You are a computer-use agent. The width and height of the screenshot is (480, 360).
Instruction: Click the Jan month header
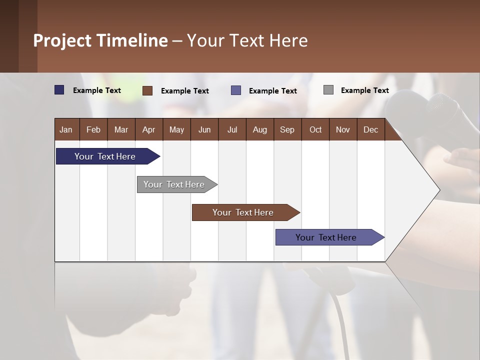coord(66,129)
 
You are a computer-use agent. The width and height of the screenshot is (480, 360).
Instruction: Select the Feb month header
coord(93,129)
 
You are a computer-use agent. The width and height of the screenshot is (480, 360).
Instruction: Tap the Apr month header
coord(149,129)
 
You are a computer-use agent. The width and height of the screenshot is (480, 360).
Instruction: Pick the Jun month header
coord(204,129)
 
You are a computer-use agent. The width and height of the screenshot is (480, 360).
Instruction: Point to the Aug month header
coord(260,129)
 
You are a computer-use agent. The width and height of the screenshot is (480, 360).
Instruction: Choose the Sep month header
coord(287,129)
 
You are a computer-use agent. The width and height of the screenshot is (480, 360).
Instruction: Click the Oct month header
coord(315,129)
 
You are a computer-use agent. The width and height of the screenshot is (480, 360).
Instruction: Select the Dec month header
coord(371,129)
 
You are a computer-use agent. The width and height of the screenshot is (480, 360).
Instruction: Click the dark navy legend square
coord(59,90)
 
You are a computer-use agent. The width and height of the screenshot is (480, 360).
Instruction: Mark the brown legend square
coord(147,90)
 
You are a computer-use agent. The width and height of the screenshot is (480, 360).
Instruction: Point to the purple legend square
coord(236,90)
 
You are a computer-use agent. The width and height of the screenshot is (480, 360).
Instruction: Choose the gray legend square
coord(328,90)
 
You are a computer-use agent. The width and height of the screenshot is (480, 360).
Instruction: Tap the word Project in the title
coord(62,40)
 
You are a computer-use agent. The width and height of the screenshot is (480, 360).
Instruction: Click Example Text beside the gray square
coord(365,90)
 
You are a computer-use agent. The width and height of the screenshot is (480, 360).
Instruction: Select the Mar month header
coord(121,129)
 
